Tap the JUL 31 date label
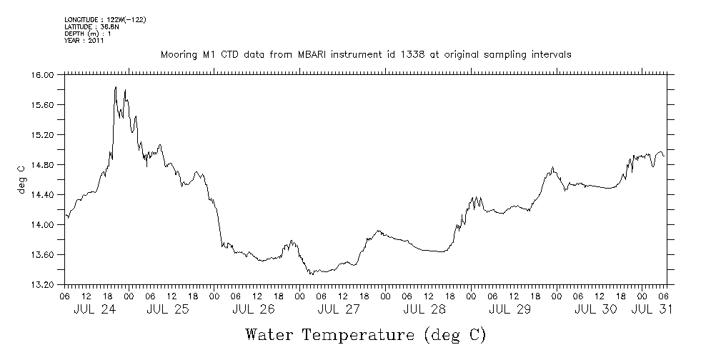coord(652,309)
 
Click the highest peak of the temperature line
coord(116,87)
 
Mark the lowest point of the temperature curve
coord(311,274)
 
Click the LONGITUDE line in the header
coord(105,19)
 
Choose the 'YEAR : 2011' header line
coord(84,41)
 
